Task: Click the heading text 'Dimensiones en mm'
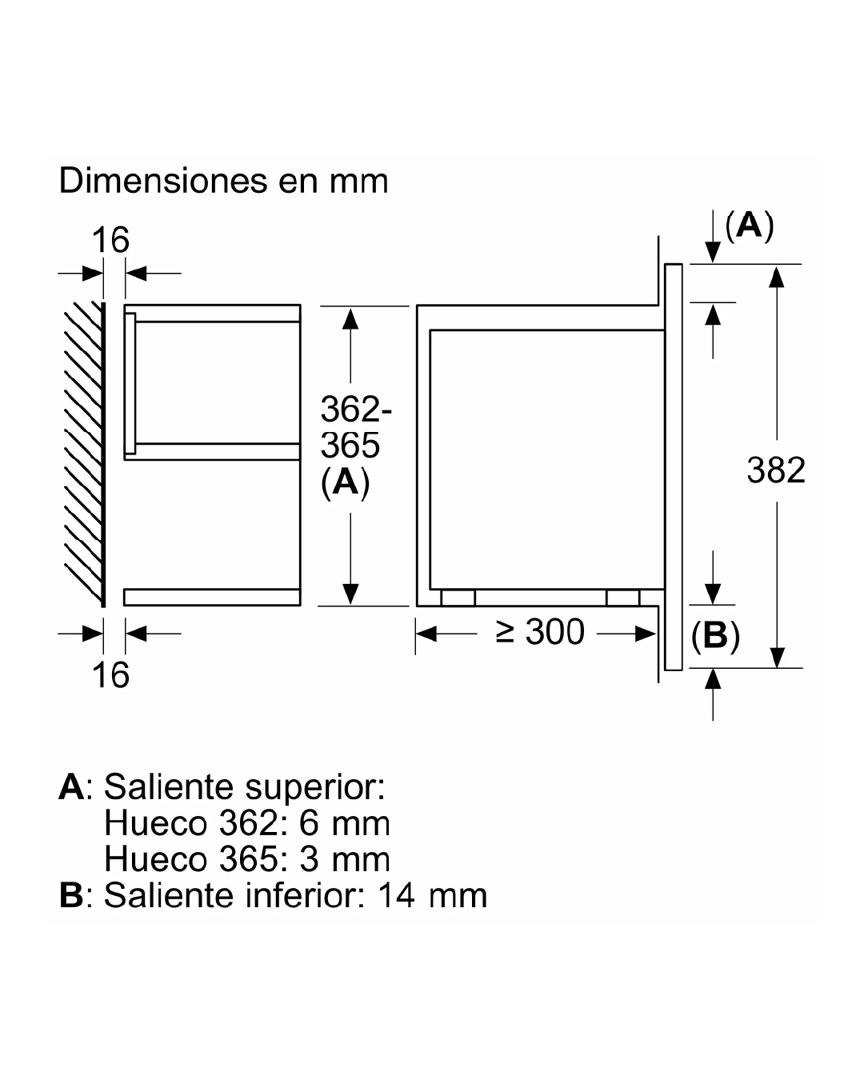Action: click(223, 182)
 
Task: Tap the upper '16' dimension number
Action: click(110, 240)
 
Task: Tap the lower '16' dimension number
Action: click(110, 676)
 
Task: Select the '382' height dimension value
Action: click(776, 470)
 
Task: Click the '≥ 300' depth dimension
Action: click(541, 633)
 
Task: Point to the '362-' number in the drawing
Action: click(357, 410)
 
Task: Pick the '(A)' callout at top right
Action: click(750, 226)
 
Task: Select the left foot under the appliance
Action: click(458, 598)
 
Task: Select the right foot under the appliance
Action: click(622, 598)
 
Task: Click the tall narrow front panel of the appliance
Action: click(674, 466)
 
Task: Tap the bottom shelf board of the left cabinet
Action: click(212, 597)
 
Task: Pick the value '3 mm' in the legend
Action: click(345, 859)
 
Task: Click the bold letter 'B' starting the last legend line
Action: click(71, 896)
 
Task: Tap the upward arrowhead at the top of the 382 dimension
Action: click(776, 276)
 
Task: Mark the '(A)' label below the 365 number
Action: click(346, 482)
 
